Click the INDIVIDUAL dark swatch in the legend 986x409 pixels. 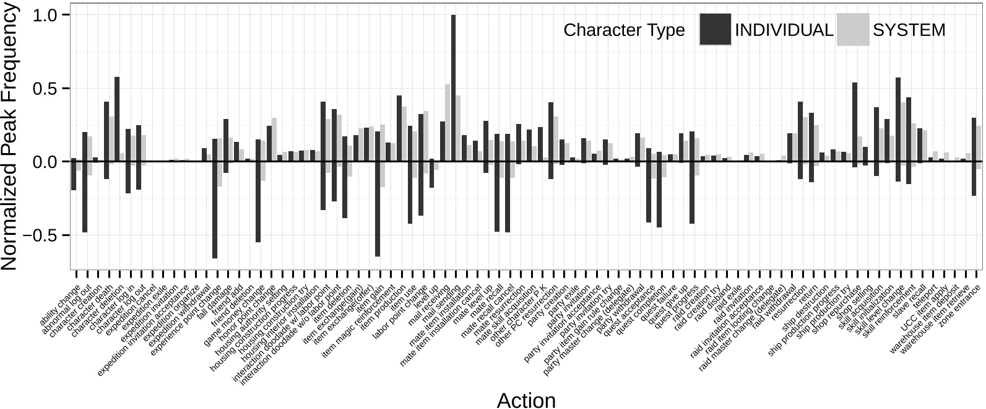pos(715,30)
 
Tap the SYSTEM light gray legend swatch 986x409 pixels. pos(852,30)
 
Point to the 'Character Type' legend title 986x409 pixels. pos(624,30)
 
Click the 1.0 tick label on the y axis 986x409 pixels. pos(43,15)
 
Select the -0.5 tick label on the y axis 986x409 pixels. pos(38,235)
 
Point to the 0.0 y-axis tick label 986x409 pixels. pos(43,162)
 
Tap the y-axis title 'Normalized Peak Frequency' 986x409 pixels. pos(10,136)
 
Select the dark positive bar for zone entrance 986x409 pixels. pos(974,139)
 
